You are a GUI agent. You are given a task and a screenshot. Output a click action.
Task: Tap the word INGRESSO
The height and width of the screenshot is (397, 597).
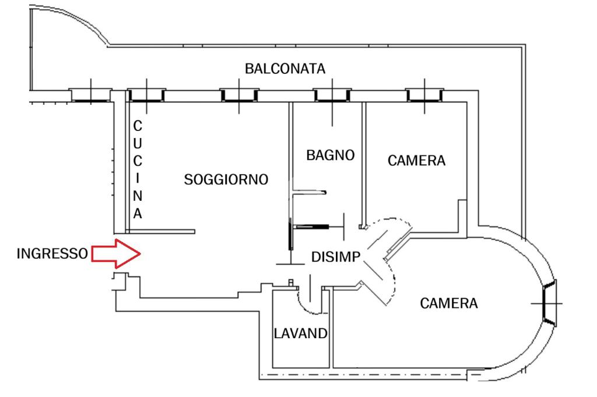52,254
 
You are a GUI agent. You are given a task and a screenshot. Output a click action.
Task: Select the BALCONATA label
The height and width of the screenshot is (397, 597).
285,69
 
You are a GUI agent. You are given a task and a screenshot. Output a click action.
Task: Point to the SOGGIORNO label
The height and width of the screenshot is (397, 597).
226,179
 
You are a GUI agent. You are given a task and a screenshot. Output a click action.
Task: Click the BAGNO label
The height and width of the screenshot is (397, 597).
331,155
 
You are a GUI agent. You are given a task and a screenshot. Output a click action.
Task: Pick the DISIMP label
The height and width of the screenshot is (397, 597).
336,257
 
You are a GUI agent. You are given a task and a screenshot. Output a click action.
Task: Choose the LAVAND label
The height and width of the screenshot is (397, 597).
301,334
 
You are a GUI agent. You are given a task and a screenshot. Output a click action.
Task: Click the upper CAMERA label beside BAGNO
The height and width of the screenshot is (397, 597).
416,161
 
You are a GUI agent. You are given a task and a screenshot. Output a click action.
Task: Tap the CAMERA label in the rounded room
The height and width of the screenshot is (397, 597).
449,303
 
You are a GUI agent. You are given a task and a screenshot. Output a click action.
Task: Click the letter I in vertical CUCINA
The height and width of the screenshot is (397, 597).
138,178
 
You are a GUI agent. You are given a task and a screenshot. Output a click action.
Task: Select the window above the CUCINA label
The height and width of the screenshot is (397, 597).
146,95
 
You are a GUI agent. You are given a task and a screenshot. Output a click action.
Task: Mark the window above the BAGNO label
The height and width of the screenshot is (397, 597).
332,95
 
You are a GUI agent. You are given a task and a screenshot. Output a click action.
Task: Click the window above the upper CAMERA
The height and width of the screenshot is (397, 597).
424,95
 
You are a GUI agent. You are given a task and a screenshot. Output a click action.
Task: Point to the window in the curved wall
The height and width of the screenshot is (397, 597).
550,303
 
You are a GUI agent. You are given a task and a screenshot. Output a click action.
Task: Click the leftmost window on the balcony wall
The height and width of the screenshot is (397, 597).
90,95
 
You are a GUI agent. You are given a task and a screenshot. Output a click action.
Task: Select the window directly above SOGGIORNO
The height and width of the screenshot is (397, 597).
239,95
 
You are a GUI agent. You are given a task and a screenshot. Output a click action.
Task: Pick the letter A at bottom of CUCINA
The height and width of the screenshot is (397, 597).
138,213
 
